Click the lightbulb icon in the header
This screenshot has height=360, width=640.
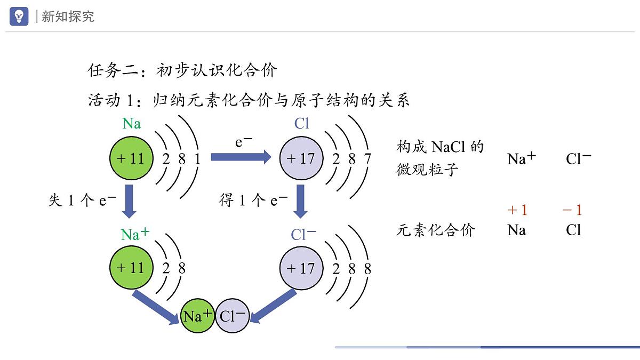(19, 16)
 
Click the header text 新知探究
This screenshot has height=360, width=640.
(68, 17)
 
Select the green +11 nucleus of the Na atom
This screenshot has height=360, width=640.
(131, 158)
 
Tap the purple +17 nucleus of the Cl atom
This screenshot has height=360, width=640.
(301, 158)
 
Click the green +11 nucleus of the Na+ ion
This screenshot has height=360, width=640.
(131, 268)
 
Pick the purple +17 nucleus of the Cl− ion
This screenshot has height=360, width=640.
(301, 268)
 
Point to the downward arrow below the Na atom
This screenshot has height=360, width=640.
(129, 201)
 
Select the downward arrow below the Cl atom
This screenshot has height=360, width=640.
(301, 201)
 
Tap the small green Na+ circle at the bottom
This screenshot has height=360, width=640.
(197, 316)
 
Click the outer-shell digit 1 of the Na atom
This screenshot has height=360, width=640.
(197, 158)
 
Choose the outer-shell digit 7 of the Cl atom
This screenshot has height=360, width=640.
(367, 158)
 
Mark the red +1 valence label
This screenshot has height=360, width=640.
(517, 210)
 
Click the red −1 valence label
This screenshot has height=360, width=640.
(572, 210)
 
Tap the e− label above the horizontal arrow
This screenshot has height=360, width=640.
(244, 142)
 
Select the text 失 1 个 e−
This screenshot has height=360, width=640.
(83, 201)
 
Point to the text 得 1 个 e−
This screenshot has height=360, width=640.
(253, 201)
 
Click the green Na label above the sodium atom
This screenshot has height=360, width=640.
(132, 124)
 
